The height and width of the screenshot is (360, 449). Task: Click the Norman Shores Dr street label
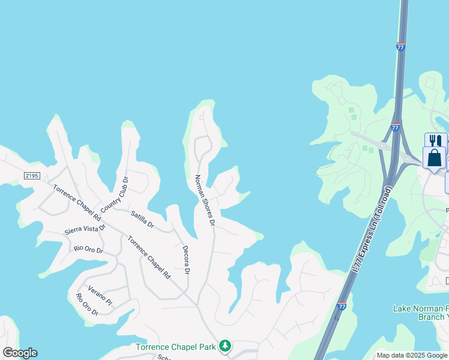[205, 200]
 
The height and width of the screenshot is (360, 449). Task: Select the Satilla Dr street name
[142, 220]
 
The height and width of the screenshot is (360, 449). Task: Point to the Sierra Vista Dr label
[85, 229]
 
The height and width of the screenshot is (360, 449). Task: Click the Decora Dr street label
[186, 259]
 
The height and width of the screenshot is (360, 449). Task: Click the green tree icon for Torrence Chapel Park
[224, 346]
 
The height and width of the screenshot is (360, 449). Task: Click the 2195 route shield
[32, 175]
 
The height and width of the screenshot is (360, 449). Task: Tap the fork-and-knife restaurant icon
[435, 141]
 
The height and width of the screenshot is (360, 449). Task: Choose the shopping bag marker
[434, 158]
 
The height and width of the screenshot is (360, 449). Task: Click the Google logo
[20, 353]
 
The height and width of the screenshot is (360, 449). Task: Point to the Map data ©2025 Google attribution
[412, 355]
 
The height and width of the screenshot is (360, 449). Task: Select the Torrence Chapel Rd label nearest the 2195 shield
[76, 202]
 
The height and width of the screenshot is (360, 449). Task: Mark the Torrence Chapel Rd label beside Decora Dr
[148, 257]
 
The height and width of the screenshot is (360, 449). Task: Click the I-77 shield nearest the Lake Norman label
[342, 307]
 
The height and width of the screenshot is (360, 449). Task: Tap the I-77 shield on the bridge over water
[400, 46]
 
